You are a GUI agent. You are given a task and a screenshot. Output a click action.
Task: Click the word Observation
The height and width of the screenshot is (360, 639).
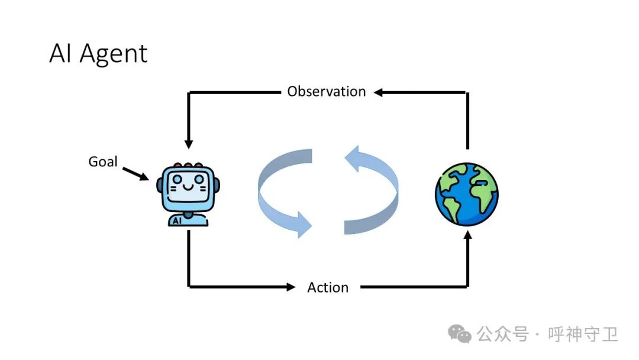326,92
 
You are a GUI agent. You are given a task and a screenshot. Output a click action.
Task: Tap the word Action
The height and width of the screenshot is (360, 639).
328,288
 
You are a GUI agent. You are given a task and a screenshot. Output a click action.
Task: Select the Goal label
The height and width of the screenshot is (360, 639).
103,161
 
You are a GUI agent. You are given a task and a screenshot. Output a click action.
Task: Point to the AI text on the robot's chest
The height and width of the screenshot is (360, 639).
177,220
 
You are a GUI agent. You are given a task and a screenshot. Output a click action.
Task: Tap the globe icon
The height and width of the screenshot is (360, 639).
467,194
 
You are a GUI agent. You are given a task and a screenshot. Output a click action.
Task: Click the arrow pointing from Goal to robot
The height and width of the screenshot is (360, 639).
135,173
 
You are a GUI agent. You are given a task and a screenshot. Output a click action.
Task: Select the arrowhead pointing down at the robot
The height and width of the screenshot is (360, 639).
189,144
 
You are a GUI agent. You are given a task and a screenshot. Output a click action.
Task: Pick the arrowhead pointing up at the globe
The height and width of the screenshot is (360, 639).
468,236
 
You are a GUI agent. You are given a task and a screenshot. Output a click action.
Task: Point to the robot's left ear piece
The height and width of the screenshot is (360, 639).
160,185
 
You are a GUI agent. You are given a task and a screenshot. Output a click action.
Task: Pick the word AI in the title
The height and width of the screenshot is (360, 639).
62,54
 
